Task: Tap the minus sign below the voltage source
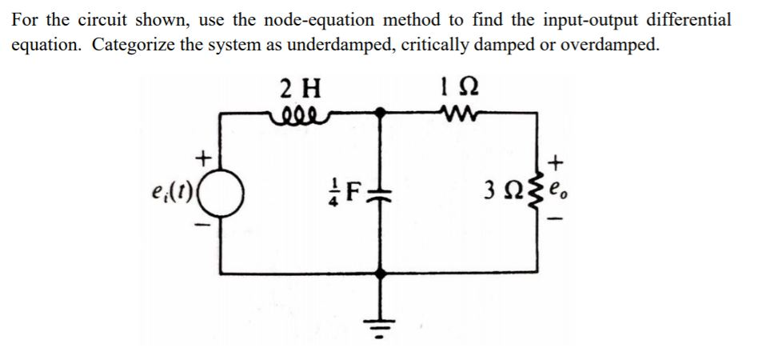(x=205, y=226)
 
